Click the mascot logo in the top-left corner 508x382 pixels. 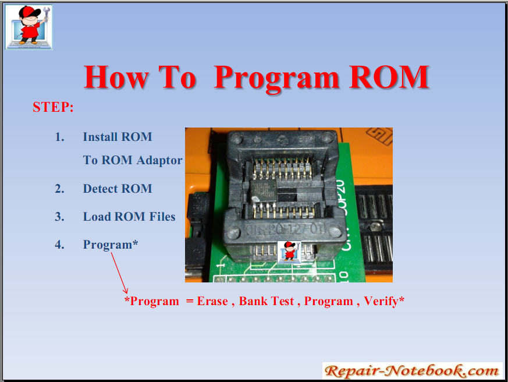click(x=29, y=27)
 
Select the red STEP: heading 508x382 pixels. click(x=54, y=107)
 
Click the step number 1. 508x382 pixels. click(x=59, y=137)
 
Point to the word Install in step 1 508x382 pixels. click(x=100, y=137)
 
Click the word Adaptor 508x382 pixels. click(x=159, y=161)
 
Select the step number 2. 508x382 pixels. click(x=59, y=189)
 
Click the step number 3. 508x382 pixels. click(x=59, y=216)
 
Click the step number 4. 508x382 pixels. click(x=59, y=244)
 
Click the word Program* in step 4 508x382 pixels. click(x=111, y=245)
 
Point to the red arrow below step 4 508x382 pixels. click(x=119, y=273)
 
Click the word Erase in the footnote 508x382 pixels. click(x=212, y=301)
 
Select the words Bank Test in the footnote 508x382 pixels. click(x=267, y=301)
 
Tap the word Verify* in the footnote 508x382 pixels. click(x=384, y=301)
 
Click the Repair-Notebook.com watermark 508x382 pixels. click(x=412, y=371)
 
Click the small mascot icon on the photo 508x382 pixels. click(x=289, y=252)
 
